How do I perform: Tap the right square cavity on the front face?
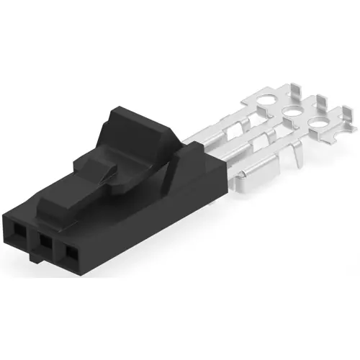[71, 255]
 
